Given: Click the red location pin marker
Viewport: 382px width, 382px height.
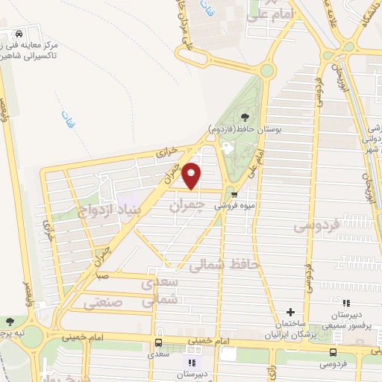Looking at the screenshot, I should [x=192, y=175].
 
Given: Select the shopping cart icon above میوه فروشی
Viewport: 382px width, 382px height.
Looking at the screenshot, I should [x=234, y=189].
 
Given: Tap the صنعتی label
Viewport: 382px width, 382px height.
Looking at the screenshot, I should [x=101, y=304].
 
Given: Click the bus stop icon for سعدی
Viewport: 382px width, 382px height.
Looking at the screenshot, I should [x=158, y=342].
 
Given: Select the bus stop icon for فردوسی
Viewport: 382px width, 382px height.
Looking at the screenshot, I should [x=332, y=351].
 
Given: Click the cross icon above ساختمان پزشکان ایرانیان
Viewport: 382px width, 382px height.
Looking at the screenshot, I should [x=290, y=312].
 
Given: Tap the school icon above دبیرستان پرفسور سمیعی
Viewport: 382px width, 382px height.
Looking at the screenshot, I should [x=345, y=303].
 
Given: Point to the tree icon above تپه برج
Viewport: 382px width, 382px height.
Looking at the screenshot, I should [x=10, y=321].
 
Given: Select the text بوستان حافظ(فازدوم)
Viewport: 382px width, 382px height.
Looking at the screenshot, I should [x=241, y=128].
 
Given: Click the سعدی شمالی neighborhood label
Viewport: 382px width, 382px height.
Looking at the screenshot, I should [x=160, y=290].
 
